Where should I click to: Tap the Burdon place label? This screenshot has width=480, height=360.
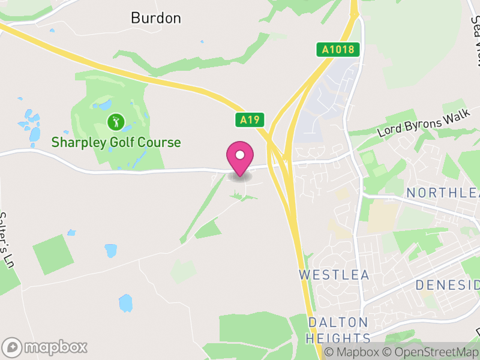(155, 18)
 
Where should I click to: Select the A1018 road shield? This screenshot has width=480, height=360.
(338, 50)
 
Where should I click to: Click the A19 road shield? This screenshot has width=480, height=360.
(249, 120)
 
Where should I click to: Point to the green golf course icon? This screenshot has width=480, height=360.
(115, 123)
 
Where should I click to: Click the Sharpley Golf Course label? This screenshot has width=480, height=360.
(116, 142)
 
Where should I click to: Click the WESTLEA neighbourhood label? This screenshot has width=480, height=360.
(334, 275)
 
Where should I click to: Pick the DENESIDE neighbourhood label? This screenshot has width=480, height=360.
(448, 284)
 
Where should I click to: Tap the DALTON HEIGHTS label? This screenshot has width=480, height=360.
(338, 330)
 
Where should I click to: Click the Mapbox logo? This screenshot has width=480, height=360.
(46, 347)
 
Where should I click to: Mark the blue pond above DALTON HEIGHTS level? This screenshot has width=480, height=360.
(125, 302)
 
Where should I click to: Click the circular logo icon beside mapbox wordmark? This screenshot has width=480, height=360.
(13, 347)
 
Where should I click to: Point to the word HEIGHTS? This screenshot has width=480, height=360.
(338, 338)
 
